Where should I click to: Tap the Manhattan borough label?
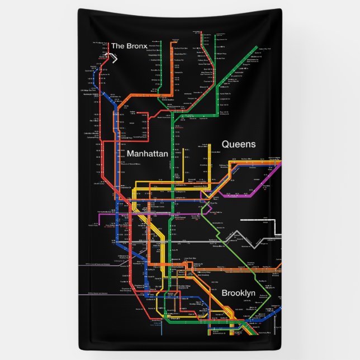pos(147,153)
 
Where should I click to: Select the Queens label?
pos(239,144)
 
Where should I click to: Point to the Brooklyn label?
pos(238,293)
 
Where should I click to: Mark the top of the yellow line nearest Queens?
pos(210,145)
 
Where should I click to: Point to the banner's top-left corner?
pos(78,10)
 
